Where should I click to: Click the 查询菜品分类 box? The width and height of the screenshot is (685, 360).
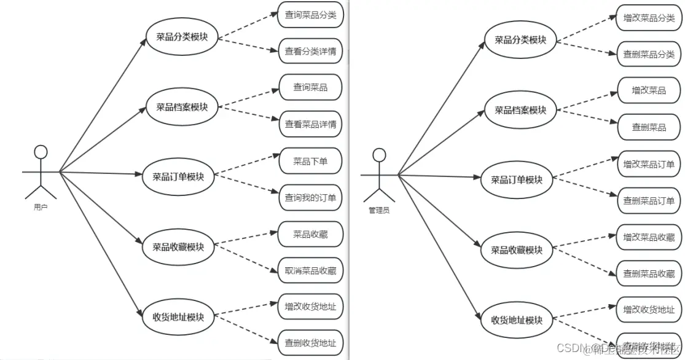(x=310, y=15)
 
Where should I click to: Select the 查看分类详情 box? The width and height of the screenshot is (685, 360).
(x=310, y=52)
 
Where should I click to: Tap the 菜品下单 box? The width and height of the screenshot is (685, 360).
(x=310, y=162)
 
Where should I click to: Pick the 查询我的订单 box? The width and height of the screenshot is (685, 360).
(x=310, y=198)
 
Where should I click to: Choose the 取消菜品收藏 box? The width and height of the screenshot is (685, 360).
(x=310, y=270)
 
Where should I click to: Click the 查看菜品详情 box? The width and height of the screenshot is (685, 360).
(x=310, y=124)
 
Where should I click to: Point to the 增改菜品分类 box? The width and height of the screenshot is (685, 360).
(x=649, y=18)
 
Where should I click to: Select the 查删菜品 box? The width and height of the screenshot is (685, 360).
(x=649, y=127)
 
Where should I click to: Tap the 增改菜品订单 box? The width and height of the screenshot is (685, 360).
(x=649, y=164)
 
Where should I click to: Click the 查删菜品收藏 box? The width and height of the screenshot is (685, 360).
(x=649, y=273)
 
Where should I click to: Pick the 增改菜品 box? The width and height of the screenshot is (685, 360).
(x=649, y=90)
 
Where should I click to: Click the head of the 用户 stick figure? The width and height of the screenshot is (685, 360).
(x=41, y=152)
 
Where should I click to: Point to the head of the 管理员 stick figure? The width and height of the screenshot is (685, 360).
(x=379, y=155)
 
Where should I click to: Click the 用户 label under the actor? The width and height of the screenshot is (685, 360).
(x=41, y=207)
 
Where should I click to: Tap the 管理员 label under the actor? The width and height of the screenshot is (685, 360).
(x=379, y=210)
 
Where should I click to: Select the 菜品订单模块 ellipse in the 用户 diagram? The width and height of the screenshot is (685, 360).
(x=178, y=176)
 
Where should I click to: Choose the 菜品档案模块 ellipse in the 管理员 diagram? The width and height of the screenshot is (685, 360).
(x=520, y=111)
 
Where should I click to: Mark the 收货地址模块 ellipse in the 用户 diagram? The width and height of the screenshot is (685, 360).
(x=178, y=318)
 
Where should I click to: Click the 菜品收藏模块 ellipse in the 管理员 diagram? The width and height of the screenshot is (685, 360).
(x=517, y=250)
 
